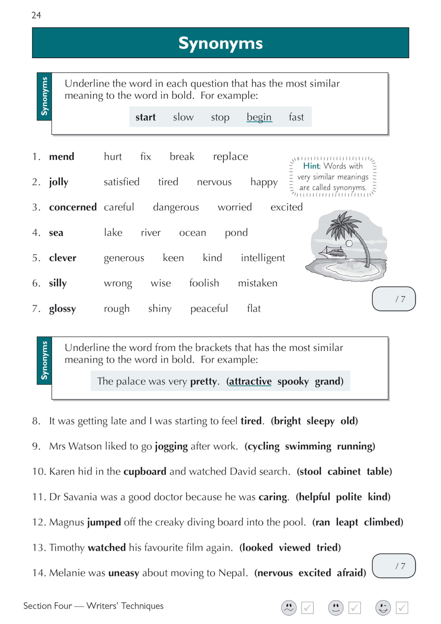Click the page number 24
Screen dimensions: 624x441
[36, 15]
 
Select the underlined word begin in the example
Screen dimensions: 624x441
[259, 117]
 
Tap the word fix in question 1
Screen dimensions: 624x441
[146, 156]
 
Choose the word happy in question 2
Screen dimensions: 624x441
[264, 182]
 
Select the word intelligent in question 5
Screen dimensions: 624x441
[263, 258]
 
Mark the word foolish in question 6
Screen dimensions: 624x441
[204, 283]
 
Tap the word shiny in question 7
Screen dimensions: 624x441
[160, 309]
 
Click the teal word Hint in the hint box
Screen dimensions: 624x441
[311, 166]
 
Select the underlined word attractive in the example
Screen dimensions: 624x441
[250, 381]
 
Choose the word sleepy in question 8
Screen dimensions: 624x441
[320, 421]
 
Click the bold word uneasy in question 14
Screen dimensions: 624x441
[124, 573]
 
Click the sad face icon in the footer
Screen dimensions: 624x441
[288, 608]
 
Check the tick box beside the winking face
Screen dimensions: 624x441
[402, 608]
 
